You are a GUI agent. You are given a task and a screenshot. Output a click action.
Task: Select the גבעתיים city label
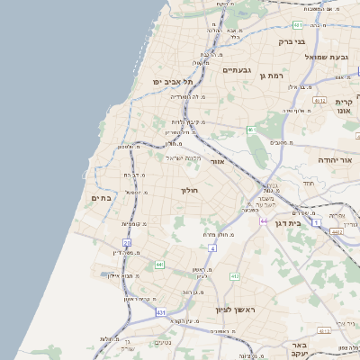click(x=236, y=69)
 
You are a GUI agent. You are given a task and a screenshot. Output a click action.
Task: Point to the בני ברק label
click(x=291, y=41)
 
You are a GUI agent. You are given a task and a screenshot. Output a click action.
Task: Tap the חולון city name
click(x=189, y=191)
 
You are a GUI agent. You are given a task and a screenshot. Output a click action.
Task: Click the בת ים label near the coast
click(x=101, y=197)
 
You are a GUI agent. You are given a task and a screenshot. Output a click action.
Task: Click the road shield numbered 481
click(x=297, y=25)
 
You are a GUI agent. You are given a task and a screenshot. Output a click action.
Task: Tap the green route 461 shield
click(x=251, y=130)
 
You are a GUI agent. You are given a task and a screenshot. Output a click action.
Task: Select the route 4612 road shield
click(x=320, y=101)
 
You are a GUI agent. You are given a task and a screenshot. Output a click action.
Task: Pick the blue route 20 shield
click(x=127, y=243)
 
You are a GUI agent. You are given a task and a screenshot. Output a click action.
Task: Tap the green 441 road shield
click(x=159, y=265)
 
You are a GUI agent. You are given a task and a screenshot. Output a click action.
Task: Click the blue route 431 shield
click(x=160, y=312)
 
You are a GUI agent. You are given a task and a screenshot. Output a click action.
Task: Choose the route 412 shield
click(x=235, y=276)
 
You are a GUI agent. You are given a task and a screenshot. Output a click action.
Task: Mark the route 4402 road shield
click(x=336, y=232)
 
